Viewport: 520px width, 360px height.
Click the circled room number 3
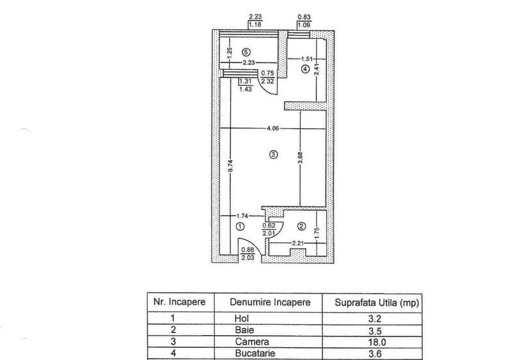click(x=274, y=155)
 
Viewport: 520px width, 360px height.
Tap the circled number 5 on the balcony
click(x=246, y=52)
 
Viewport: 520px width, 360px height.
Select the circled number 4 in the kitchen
click(x=305, y=69)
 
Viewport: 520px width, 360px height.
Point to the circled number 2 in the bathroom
click(x=301, y=226)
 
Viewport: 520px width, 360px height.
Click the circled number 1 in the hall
click(x=240, y=227)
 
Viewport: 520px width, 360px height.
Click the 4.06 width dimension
click(x=273, y=129)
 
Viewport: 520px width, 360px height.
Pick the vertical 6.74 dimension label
click(x=231, y=166)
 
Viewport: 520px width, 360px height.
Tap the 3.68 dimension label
click(x=300, y=158)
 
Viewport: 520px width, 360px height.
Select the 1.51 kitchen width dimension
click(x=307, y=59)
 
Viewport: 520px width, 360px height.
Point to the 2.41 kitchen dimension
click(x=317, y=69)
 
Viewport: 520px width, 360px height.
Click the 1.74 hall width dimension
click(x=242, y=216)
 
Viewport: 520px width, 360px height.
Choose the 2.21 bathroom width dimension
click(x=298, y=244)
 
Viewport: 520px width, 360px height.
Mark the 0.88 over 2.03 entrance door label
click(x=248, y=254)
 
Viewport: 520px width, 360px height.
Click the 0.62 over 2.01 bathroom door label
click(x=269, y=230)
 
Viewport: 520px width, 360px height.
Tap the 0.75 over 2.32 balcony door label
click(x=267, y=77)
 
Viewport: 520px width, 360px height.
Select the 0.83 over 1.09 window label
click(x=304, y=21)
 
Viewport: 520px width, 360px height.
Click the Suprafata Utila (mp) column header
click(x=377, y=302)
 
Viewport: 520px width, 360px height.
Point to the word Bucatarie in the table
click(x=255, y=353)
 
